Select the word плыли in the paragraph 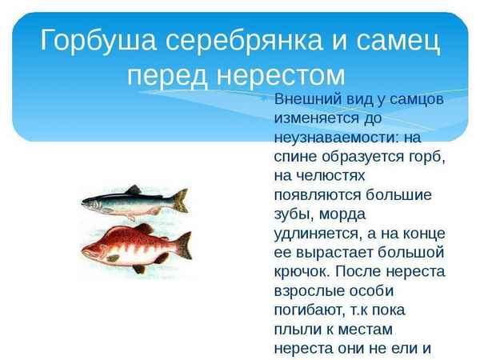[295, 329]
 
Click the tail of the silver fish [180, 199]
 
